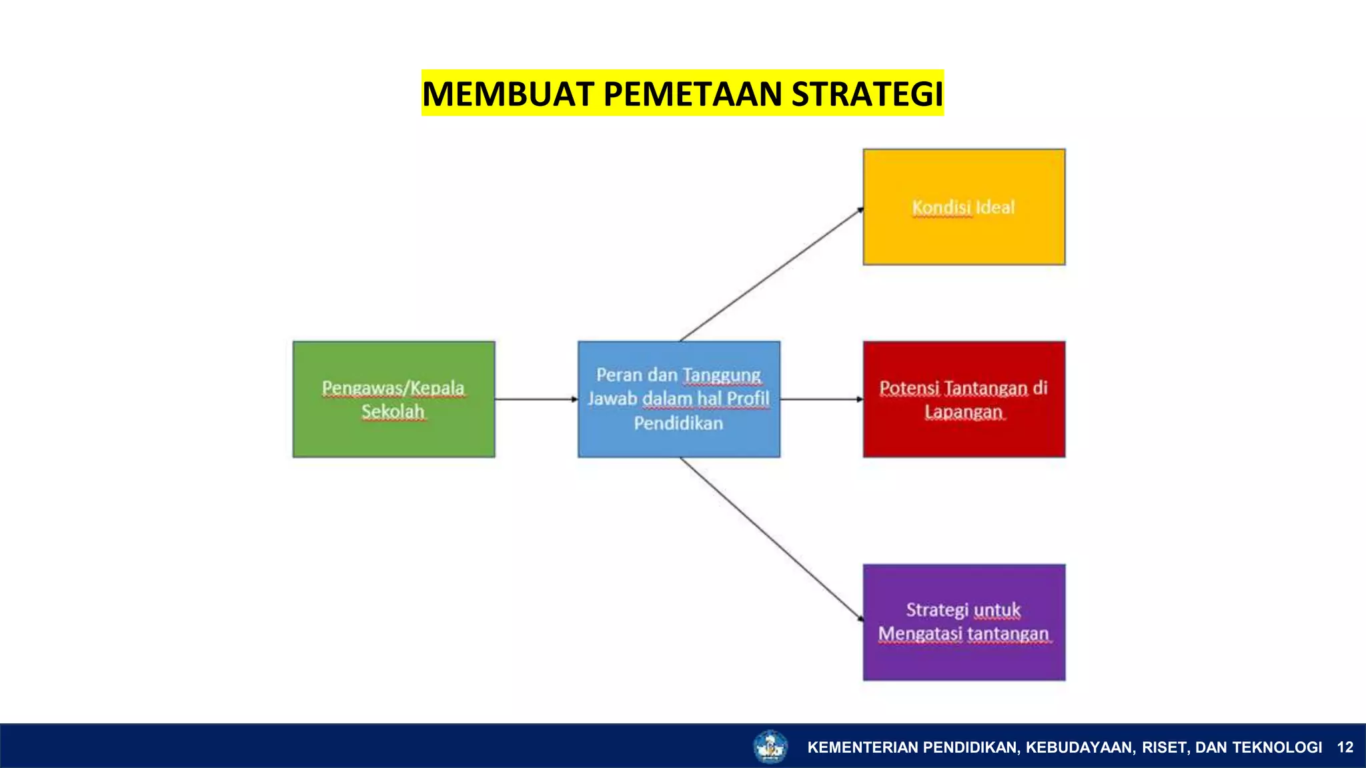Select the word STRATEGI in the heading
pos(867,93)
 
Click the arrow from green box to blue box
pos(536,399)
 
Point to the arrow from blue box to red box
pos(821,399)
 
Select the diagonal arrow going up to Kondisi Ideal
pos(772,275)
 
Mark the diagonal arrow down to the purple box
pos(772,539)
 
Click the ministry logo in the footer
pos(770,747)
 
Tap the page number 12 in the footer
pos(1345,747)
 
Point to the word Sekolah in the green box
pos(393,411)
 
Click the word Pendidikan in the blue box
pos(678,423)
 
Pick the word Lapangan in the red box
pos(963,412)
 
